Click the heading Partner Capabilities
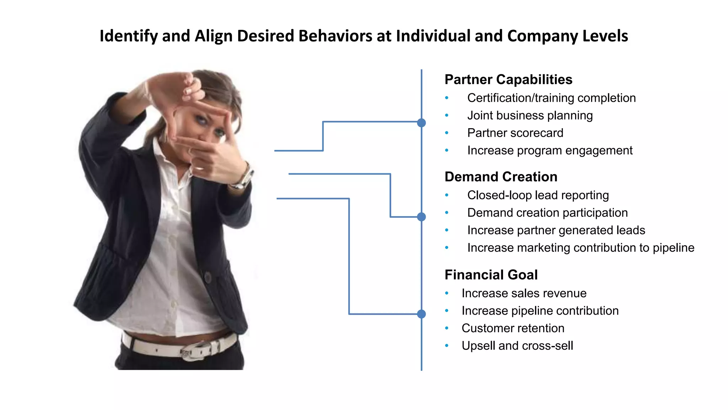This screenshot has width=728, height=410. tap(508, 80)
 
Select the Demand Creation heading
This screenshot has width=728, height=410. tap(501, 177)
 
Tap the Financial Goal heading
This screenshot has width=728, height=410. tap(491, 275)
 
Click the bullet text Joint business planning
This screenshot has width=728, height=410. tap(530, 116)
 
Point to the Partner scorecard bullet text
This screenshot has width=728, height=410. tap(515, 133)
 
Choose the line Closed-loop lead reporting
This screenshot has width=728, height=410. tap(538, 195)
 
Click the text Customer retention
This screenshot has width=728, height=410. tap(513, 328)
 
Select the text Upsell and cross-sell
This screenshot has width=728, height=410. tap(517, 346)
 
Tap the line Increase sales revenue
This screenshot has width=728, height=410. tap(524, 293)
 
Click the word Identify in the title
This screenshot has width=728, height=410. tap(129, 36)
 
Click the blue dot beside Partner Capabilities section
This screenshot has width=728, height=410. tap(421, 123)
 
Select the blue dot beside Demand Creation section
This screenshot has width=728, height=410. tap(421, 217)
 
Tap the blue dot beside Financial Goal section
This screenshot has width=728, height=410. tap(421, 314)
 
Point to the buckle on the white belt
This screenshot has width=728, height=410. tap(192, 351)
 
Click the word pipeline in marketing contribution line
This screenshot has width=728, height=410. tap(673, 248)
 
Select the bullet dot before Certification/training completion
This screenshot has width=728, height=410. tap(447, 98)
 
